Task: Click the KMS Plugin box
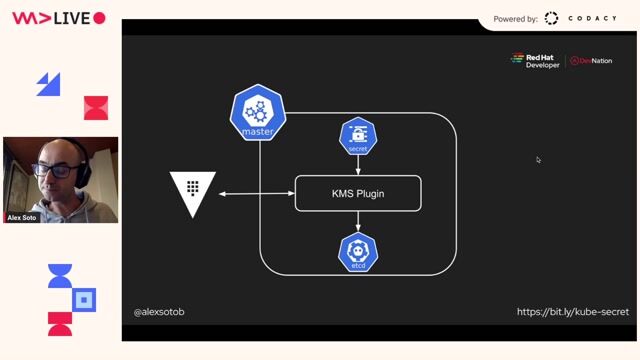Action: tap(358, 193)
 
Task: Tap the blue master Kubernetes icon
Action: tap(258, 115)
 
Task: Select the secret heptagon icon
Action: tap(358, 136)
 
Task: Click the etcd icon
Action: tap(358, 252)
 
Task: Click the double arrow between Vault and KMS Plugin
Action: tap(256, 193)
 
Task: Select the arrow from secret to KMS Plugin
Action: tap(358, 165)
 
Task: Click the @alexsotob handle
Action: tap(159, 312)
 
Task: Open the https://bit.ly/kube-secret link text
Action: tap(572, 312)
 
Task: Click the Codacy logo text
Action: tap(592, 18)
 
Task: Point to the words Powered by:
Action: tap(516, 19)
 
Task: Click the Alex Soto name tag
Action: tap(23, 217)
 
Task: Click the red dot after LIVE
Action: tap(99, 18)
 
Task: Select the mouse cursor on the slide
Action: tap(538, 159)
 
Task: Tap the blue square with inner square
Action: tap(85, 299)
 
